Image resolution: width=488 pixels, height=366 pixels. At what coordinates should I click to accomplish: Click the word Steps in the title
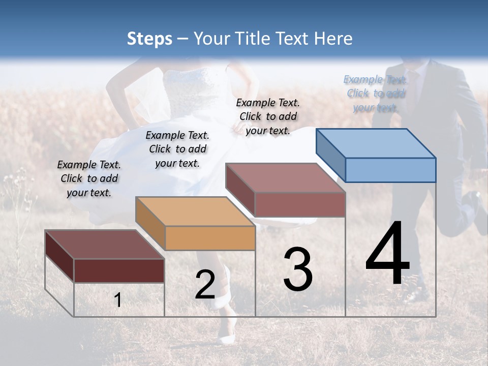pyautogui.click(x=149, y=39)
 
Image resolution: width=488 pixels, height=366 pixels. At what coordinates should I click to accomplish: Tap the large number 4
pyautogui.click(x=387, y=254)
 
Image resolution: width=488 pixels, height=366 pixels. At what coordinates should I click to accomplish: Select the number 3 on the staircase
pyautogui.click(x=297, y=269)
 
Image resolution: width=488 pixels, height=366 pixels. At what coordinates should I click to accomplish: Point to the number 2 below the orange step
pyautogui.click(x=205, y=285)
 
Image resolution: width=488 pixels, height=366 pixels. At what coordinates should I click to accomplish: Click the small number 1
pyautogui.click(x=117, y=300)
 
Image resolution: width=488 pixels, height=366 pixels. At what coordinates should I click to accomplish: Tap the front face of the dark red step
pyautogui.click(x=119, y=270)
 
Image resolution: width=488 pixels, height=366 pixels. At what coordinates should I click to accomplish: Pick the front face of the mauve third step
pyautogui.click(x=300, y=204)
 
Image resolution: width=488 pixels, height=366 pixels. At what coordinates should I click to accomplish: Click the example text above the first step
pyautogui.click(x=89, y=178)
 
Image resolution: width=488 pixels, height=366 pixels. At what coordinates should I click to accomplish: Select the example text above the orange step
pyautogui.click(x=177, y=149)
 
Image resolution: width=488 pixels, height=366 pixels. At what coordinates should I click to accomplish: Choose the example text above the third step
pyautogui.click(x=268, y=116)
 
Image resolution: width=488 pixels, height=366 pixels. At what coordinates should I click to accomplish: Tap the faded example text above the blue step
pyautogui.click(x=376, y=94)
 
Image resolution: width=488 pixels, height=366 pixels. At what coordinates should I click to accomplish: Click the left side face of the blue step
pyautogui.click(x=330, y=155)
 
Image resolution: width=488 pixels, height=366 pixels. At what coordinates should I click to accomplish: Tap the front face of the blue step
pyautogui.click(x=390, y=170)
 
